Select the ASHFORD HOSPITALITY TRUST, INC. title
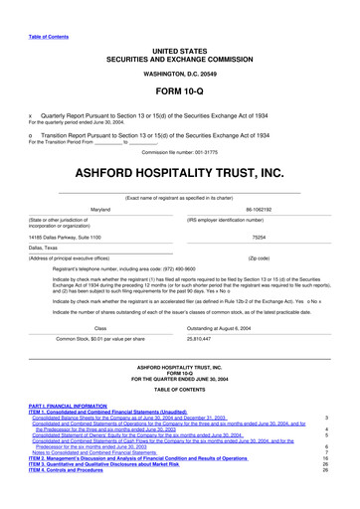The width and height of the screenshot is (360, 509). [x=180, y=175]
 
